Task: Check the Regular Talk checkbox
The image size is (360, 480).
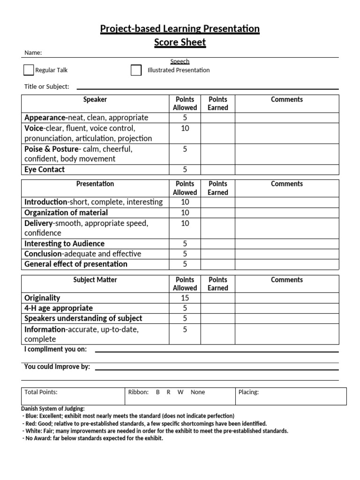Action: click(29, 70)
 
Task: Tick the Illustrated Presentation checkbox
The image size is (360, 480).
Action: click(136, 70)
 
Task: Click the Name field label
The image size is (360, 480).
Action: click(33, 53)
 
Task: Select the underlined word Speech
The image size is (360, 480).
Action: click(180, 61)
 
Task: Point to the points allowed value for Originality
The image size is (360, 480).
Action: click(185, 298)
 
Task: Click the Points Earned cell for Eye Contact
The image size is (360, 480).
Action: click(217, 170)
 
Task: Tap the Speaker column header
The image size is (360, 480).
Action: click(95, 99)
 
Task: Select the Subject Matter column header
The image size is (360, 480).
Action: click(95, 280)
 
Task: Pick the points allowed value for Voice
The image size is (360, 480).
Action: click(185, 128)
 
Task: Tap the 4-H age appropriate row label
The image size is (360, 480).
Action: click(59, 308)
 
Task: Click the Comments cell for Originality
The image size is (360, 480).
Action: click(286, 298)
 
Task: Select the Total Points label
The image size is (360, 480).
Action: click(41, 392)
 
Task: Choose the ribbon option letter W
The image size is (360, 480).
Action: click(180, 392)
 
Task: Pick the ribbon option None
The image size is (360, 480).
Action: click(198, 392)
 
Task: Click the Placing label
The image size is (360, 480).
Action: click(248, 392)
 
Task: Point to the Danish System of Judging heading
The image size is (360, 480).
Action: click(53, 409)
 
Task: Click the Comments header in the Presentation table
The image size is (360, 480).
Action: click(286, 184)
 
